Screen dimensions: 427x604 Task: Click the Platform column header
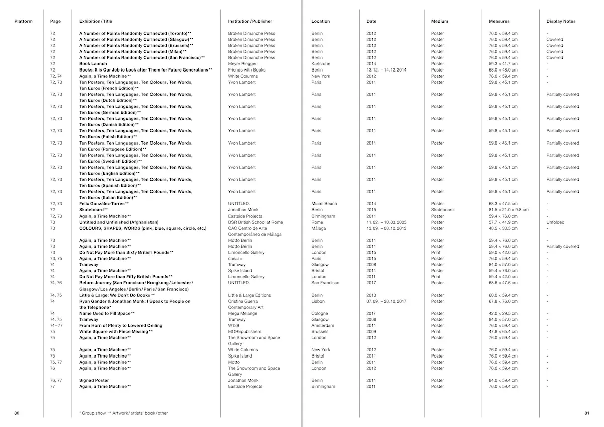point(23,21)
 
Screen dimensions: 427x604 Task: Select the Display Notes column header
point(561,21)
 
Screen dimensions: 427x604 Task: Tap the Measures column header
point(499,21)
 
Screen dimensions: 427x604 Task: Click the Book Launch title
point(93,64)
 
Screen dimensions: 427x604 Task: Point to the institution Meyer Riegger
point(242,64)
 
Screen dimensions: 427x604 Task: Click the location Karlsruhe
point(321,64)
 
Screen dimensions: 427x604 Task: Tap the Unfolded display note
point(555,222)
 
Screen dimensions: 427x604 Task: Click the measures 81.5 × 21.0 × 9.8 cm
point(509,210)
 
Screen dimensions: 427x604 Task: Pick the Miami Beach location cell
point(324,204)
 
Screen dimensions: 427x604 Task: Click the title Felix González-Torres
point(104,204)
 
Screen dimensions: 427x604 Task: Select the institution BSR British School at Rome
point(255,222)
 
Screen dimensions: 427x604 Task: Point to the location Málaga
point(319,228)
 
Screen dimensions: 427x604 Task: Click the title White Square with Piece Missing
point(115,332)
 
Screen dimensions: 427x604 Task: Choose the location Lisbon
point(318,301)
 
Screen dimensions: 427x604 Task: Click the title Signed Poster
point(94,381)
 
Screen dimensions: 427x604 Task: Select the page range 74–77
point(57,326)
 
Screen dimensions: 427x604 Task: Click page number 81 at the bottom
point(586,413)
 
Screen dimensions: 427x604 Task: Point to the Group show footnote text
point(93,413)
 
